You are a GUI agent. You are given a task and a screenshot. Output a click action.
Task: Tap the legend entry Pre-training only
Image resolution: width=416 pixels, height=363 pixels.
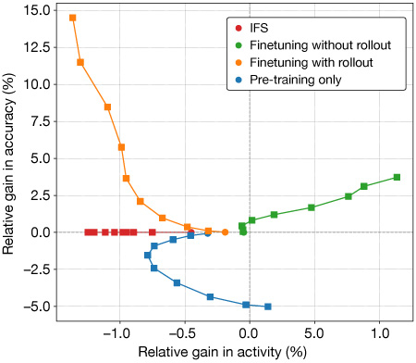pyautogui.click(x=298, y=80)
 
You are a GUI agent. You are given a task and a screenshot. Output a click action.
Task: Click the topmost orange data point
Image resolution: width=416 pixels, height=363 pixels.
pyautogui.click(x=73, y=18)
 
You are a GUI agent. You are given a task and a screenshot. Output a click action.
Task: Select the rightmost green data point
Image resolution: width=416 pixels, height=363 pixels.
pyautogui.click(x=397, y=177)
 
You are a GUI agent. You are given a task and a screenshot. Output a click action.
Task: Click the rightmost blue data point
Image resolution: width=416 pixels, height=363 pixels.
pyautogui.click(x=268, y=307)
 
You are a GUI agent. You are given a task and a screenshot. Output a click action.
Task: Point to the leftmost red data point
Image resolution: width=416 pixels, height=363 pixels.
pyautogui.click(x=88, y=232)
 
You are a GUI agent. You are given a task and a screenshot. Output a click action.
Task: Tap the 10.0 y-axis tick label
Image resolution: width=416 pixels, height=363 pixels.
pyautogui.click(x=37, y=84)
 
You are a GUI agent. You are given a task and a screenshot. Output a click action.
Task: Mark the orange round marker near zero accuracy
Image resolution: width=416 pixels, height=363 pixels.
pyautogui.click(x=225, y=232)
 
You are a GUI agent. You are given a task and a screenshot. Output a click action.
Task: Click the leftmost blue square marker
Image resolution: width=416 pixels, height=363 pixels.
pyautogui.click(x=147, y=255)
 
